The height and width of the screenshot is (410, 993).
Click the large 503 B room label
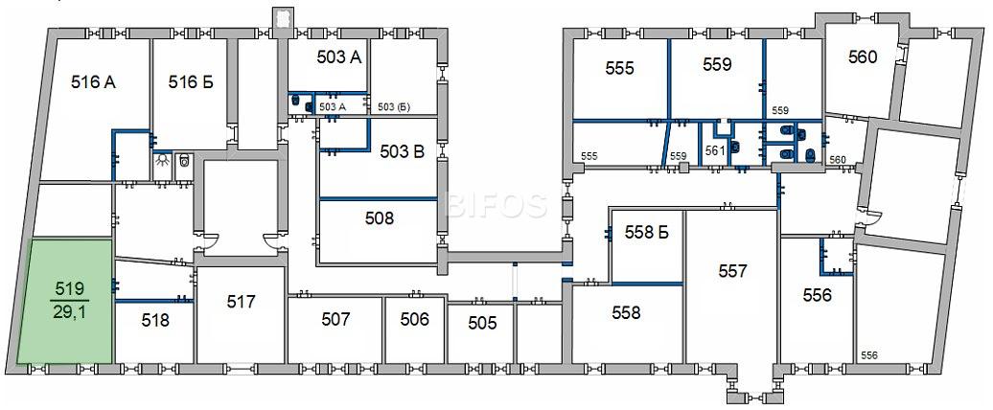403,151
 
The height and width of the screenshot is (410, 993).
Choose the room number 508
380,218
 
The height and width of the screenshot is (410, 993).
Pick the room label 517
241,301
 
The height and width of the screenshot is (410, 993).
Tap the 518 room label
155,320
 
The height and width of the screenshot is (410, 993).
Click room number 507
335,319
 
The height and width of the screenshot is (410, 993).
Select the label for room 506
415,319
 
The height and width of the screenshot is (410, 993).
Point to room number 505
482,323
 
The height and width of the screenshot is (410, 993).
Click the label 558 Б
647,232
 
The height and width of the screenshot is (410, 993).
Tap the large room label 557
732,271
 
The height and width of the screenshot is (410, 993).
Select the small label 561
714,150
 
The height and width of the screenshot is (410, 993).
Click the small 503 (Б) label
393,107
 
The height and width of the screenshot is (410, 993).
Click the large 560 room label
863,57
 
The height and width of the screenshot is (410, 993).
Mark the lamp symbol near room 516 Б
163,160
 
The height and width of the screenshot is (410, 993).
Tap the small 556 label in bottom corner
868,356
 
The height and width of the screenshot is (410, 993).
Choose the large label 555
619,68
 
